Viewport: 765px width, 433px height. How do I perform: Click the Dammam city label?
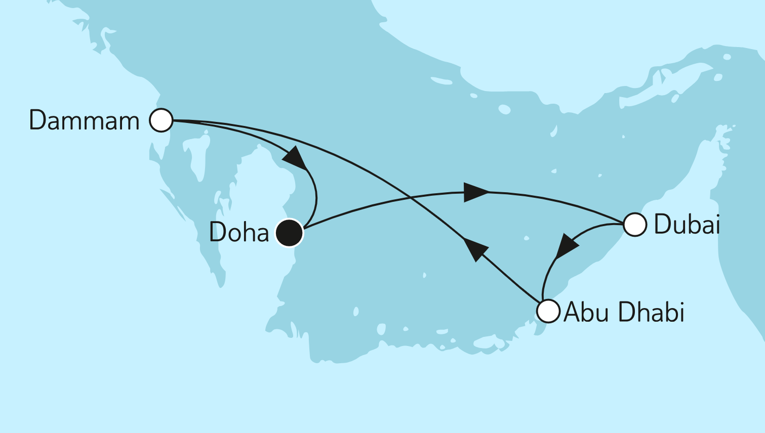84,121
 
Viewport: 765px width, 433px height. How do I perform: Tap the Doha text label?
239,233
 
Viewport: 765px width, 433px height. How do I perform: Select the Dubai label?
687,225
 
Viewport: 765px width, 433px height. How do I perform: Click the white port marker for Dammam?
161,120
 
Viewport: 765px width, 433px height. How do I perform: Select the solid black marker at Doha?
289,233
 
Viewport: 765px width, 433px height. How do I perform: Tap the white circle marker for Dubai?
634,225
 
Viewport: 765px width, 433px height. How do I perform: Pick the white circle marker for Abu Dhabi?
548,311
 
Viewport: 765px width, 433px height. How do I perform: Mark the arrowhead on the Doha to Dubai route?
475,192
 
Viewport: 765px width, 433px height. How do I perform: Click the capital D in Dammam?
37,121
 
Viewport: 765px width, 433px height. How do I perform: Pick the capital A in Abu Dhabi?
572,312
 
